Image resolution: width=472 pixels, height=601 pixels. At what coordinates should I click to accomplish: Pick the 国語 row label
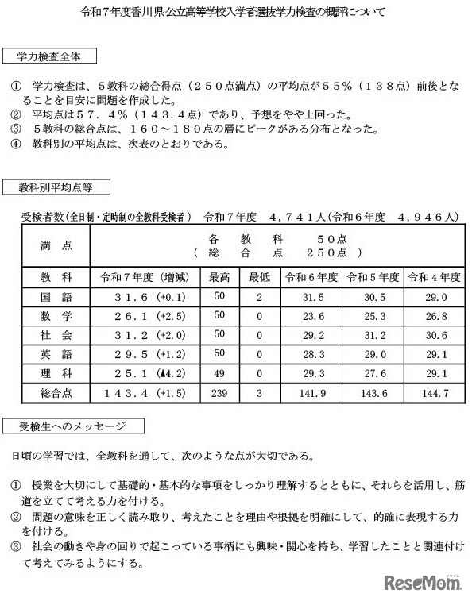click(x=55, y=296)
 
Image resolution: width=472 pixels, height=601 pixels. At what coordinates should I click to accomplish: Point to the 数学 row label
click(x=55, y=315)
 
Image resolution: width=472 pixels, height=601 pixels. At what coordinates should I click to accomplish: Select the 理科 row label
click(x=55, y=373)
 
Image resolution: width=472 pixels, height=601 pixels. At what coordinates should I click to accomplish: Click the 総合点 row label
click(x=55, y=393)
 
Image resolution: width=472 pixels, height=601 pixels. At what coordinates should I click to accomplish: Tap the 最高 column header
click(x=219, y=277)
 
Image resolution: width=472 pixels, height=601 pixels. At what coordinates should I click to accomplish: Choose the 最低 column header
click(x=259, y=277)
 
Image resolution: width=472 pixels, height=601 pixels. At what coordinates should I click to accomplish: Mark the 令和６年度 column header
click(x=312, y=277)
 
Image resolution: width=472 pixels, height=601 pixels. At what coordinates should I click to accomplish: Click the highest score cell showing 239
click(x=219, y=393)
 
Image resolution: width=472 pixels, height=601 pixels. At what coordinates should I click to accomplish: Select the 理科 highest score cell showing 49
click(x=219, y=373)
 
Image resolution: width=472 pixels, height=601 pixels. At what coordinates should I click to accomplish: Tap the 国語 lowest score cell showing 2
click(x=259, y=296)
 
